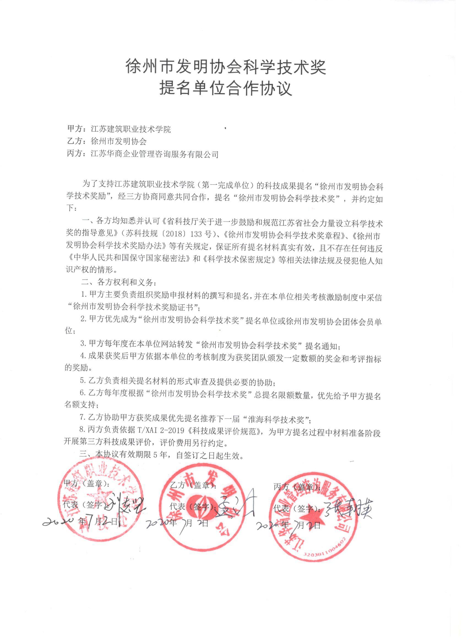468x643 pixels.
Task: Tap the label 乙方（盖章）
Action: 193,485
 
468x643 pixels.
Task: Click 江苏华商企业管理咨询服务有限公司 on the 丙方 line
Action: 154,154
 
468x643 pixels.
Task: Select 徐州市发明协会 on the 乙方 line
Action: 118,141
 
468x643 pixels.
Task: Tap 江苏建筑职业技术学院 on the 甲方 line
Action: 130,129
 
